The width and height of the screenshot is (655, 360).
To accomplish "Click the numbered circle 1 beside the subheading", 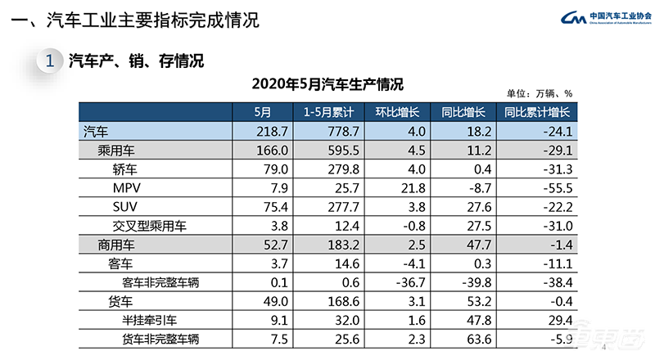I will pyautogui.click(x=51, y=61).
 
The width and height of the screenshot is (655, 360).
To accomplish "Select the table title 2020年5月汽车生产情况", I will pyautogui.click(x=327, y=83).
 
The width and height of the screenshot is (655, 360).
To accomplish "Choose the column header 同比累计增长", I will pyautogui.click(x=536, y=113).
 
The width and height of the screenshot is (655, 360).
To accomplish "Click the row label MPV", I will pyautogui.click(x=127, y=187).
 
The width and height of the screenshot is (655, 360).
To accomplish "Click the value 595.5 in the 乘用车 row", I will pyautogui.click(x=335, y=151).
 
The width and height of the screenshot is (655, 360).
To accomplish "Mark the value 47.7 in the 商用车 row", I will pyautogui.click(x=477, y=244).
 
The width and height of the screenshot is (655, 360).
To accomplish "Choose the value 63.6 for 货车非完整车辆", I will pyautogui.click(x=477, y=338).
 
